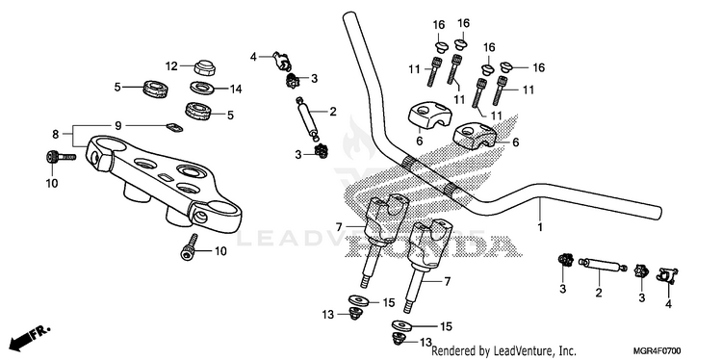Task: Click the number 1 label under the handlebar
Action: click(x=540, y=227)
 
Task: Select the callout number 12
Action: click(x=171, y=66)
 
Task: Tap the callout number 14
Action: click(x=236, y=90)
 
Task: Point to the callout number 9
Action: click(x=117, y=125)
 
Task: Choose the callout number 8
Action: click(x=56, y=135)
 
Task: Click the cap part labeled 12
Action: click(x=205, y=67)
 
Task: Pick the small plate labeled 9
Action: click(x=173, y=127)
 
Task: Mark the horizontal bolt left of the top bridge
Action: click(x=61, y=157)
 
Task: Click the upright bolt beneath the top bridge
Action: click(x=190, y=247)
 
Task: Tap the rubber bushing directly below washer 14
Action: click(x=197, y=111)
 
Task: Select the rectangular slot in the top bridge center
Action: click(x=165, y=177)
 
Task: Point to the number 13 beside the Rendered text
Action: click(x=425, y=343)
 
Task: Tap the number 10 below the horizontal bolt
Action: click(x=52, y=183)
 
